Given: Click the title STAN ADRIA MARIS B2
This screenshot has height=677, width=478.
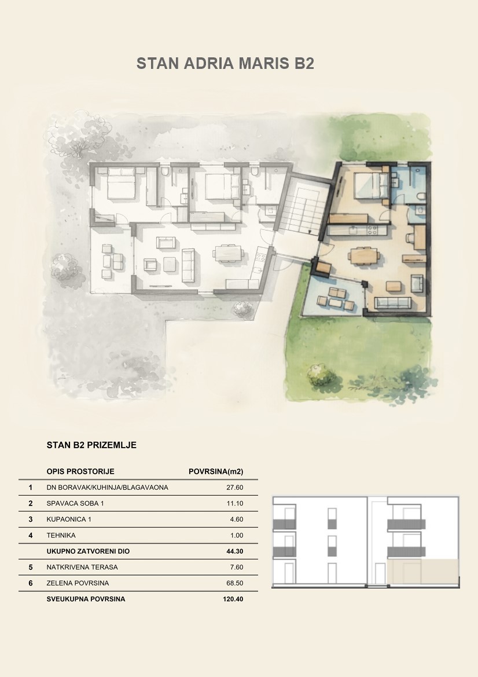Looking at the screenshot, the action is point(225,63).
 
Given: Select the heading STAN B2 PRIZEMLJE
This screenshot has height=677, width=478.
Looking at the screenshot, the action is point(91,445).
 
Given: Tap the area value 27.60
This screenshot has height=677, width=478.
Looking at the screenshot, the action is point(235,488).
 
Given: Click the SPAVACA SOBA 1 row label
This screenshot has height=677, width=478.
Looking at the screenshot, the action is point(75,503).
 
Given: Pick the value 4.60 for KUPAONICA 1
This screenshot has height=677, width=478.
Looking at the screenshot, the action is point(237,519).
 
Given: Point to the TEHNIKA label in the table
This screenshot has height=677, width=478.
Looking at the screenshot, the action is point(61,535).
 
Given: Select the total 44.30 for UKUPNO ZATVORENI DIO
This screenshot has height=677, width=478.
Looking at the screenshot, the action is point(235,551).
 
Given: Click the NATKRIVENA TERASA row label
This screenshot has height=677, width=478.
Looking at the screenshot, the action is point(82,568).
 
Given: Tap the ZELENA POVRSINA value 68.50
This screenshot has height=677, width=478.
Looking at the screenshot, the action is point(235,583).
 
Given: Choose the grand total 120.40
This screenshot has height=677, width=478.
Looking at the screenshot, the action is point(233,599).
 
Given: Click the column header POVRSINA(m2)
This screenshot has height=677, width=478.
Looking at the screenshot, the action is point(216,471).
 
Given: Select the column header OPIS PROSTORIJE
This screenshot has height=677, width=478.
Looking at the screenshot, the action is point(80,471).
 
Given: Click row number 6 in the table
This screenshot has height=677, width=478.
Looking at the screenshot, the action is point(31,583).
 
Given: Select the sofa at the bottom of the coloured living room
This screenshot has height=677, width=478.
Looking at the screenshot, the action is point(392,302).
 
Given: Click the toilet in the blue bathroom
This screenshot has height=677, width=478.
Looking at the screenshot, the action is point(421,196).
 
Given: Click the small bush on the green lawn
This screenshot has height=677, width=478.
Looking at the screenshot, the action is point(321,375).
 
